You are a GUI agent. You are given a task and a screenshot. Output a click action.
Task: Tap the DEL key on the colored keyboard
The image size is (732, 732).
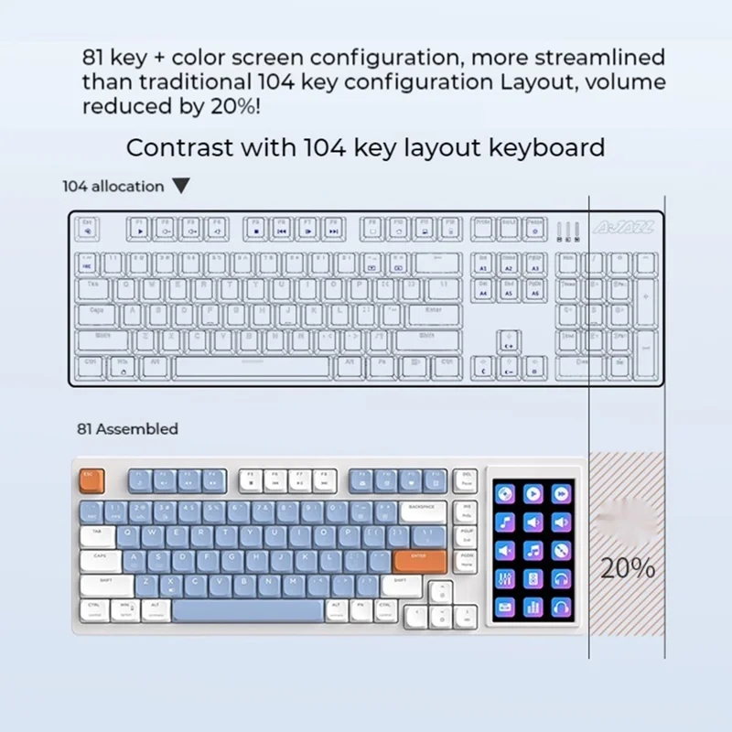pyautogui.click(x=466, y=479)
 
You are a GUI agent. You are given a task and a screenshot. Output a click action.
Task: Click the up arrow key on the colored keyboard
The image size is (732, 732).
pyautogui.click(x=442, y=588)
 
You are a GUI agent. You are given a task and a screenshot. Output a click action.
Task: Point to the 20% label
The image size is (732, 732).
pyautogui.click(x=628, y=568)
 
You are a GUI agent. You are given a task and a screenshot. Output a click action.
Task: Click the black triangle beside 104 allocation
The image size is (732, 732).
pyautogui.click(x=181, y=187)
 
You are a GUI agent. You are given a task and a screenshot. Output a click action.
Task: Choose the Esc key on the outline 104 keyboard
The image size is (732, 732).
pyautogui.click(x=88, y=226)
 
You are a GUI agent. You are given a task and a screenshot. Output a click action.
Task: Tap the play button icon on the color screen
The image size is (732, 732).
pyautogui.click(x=533, y=495)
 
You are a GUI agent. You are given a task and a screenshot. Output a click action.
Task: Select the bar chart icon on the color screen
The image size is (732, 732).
pyautogui.click(x=533, y=607)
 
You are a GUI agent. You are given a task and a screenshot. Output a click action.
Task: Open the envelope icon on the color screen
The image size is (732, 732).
pyautogui.click(x=505, y=607)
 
